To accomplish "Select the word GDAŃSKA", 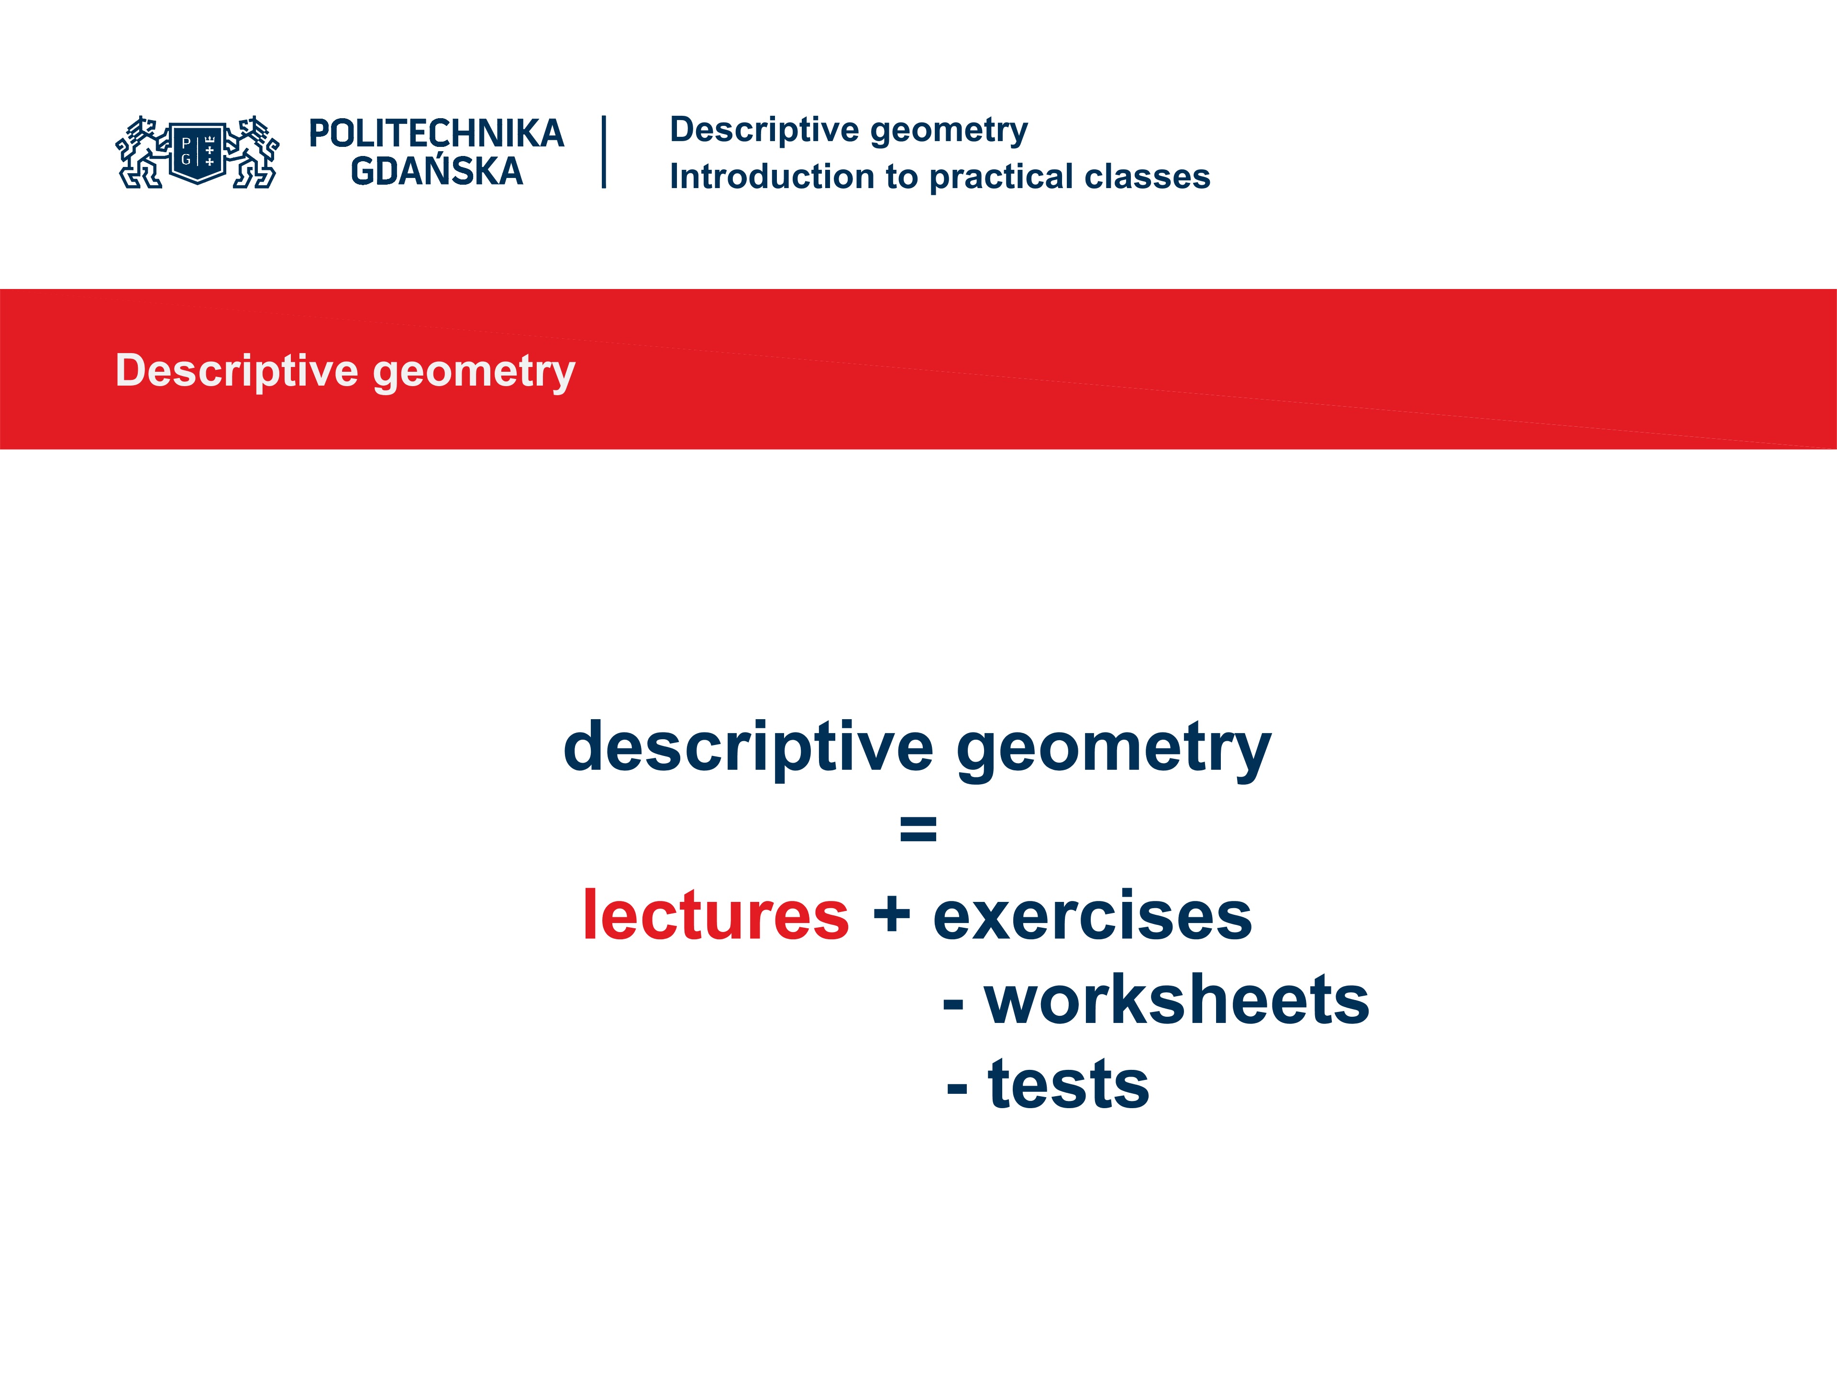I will pyautogui.click(x=436, y=172).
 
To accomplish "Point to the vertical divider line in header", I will pyautogui.click(x=604, y=152).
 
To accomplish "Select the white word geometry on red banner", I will pyautogui.click(x=474, y=371).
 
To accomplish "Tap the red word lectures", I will pyautogui.click(x=716, y=915).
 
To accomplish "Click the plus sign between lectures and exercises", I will pyautogui.click(x=892, y=915).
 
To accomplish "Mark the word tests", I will pyautogui.click(x=1068, y=1085).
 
